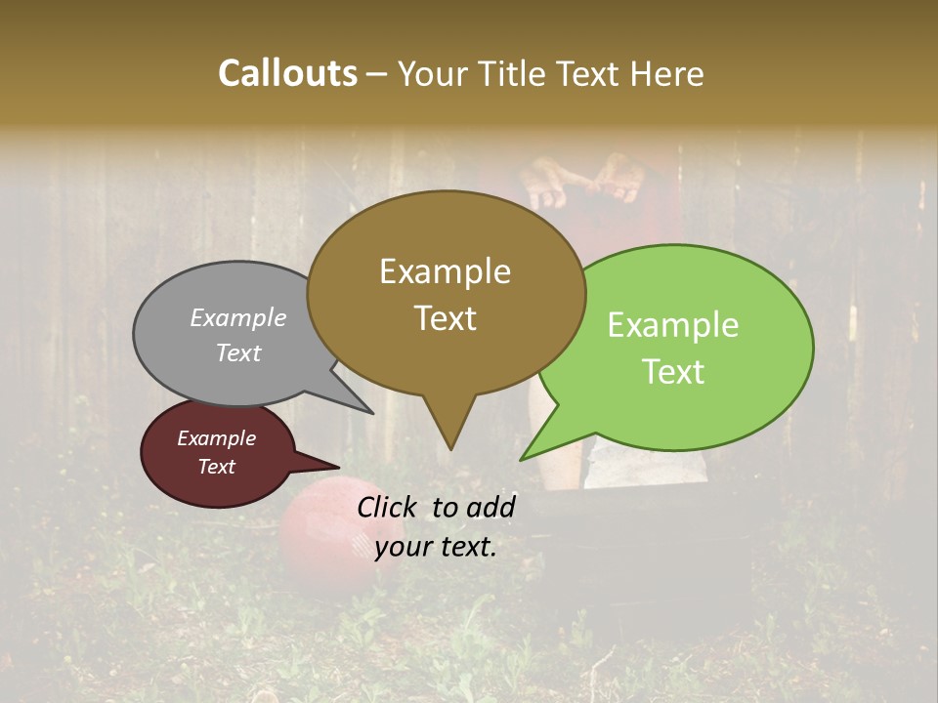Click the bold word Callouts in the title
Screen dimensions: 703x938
click(x=287, y=73)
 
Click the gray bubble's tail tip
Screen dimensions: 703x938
click(x=371, y=412)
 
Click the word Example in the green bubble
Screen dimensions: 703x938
click(x=673, y=325)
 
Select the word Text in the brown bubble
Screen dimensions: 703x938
click(x=446, y=318)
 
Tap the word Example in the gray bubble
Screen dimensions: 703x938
click(x=238, y=318)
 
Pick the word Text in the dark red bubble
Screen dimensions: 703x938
click(x=217, y=467)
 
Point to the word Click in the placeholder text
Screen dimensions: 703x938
click(x=389, y=507)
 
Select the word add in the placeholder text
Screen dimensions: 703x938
click(x=491, y=507)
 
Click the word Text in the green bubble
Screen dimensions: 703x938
click(x=674, y=372)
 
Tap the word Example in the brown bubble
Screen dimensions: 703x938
click(x=446, y=271)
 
